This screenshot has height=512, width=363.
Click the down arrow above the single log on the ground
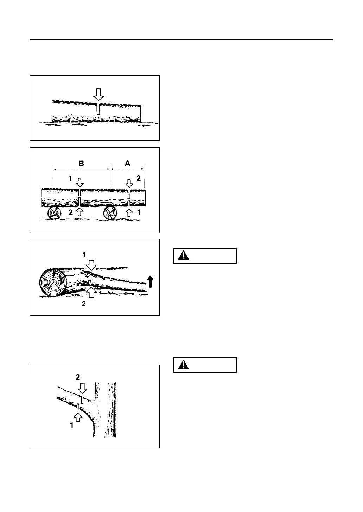pos(99,94)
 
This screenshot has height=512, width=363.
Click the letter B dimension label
pos(81,163)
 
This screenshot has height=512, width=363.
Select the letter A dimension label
pos(127,163)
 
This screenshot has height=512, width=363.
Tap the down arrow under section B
pos(80,182)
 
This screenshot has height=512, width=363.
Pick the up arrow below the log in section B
pos(80,211)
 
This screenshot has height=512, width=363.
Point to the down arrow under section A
pos(129,183)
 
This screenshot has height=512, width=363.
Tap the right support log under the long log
pos(110,213)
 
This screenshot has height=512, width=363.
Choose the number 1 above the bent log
pos(84,256)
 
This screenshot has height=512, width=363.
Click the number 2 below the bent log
pos(84,304)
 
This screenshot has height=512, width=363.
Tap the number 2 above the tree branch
pos(78,377)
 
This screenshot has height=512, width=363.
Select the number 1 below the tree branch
pos(72,425)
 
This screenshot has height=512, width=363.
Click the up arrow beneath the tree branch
pos(78,417)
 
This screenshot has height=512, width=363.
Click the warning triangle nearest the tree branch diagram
pos(183,365)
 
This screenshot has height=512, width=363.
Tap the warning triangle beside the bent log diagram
pos(183,256)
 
